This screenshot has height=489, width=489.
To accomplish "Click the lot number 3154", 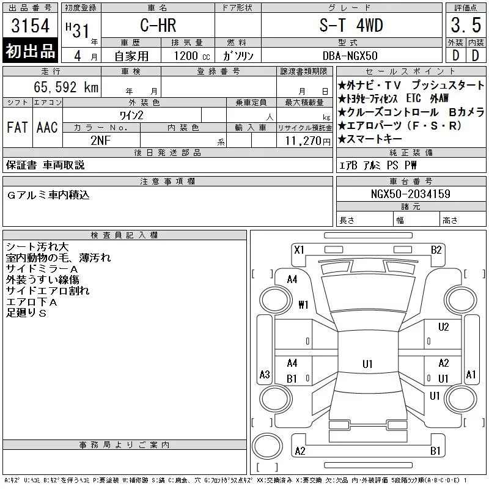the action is (x=30, y=26).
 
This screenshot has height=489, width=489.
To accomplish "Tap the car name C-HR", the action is (x=158, y=25).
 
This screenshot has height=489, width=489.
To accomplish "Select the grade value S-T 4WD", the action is (x=351, y=25).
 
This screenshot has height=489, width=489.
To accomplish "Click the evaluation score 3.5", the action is (x=466, y=25).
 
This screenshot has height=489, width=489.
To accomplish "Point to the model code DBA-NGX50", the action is (x=350, y=56).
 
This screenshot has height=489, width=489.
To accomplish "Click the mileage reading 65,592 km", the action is (x=66, y=87).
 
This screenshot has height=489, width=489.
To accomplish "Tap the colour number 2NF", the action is (x=101, y=141).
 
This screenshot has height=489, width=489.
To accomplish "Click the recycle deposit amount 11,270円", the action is (x=307, y=141).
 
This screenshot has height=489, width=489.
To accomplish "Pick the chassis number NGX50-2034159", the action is (x=410, y=194).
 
